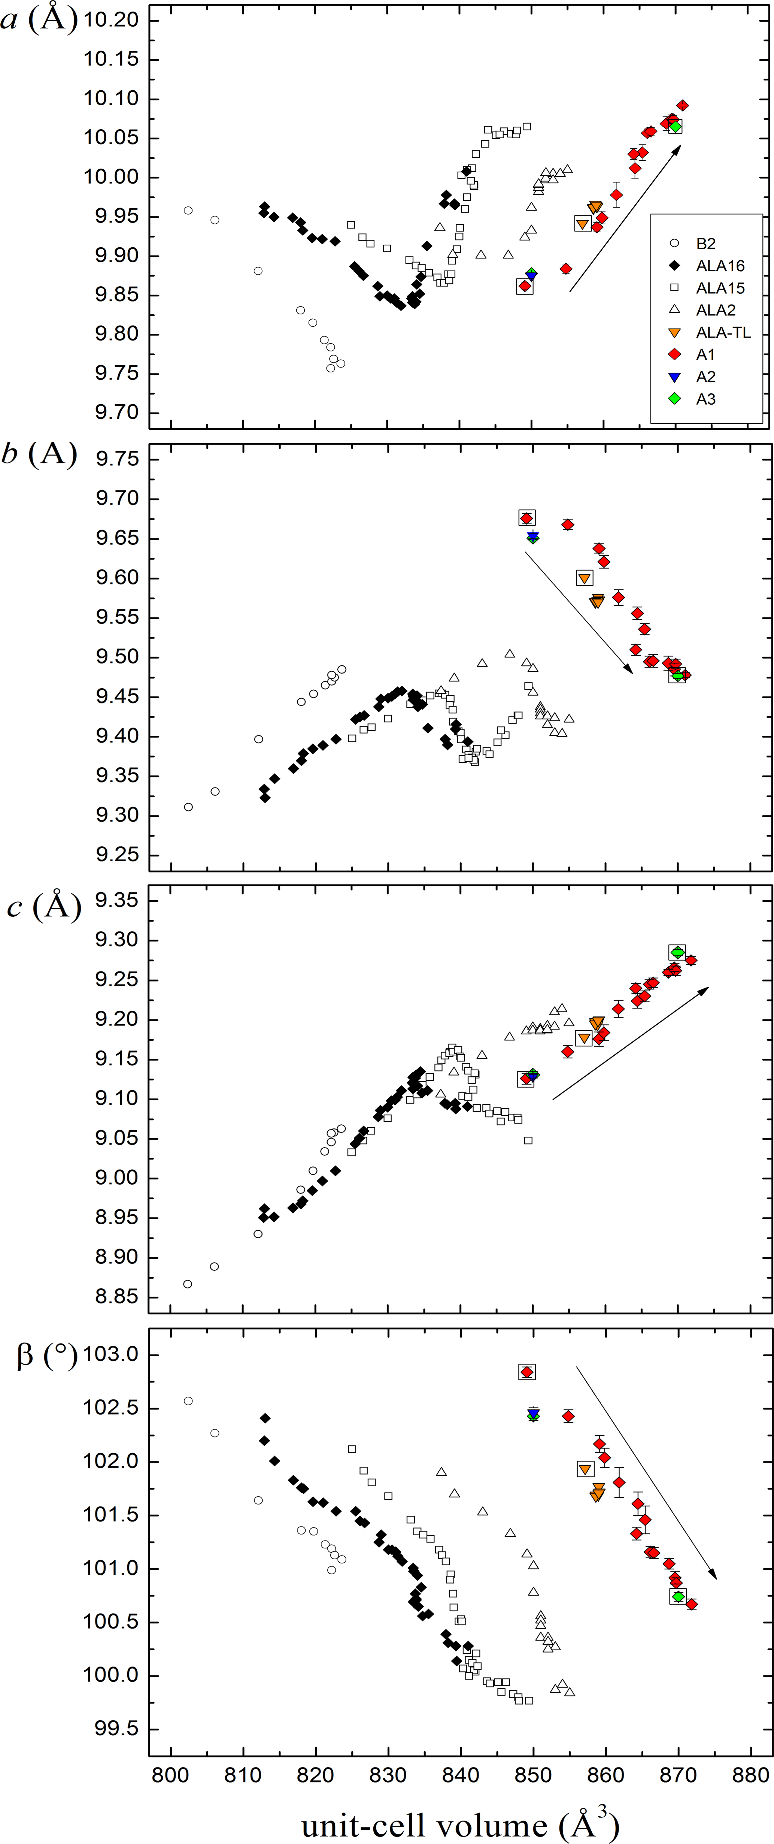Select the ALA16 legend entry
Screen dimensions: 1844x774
pos(720,266)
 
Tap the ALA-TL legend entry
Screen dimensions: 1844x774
pos(722,332)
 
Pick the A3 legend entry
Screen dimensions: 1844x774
pos(705,399)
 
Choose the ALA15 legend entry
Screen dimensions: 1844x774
pos(720,288)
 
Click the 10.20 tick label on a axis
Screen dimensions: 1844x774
pos(111,19)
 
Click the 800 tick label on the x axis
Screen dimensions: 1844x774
pos(170,1775)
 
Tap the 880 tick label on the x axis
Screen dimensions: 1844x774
pos(750,1775)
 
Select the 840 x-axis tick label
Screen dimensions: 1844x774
pos(461,1775)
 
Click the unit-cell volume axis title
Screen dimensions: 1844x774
pos(460,1824)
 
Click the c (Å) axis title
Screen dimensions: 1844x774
pos(43,906)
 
